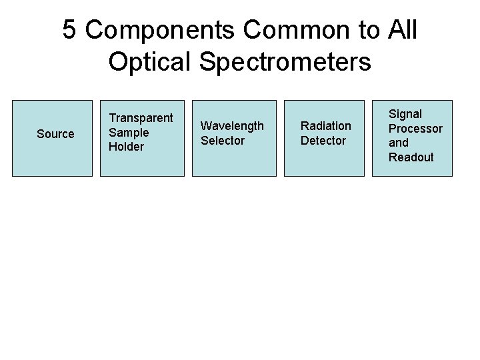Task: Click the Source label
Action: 55,134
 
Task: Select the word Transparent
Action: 141,118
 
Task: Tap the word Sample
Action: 129,132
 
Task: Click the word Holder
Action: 126,147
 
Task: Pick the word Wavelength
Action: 232,126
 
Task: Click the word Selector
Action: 223,141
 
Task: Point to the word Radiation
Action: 325,126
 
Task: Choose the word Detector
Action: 323,141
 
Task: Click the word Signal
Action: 405,114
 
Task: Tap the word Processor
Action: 415,129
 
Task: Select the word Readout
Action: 411,157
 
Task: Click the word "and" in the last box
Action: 399,143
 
